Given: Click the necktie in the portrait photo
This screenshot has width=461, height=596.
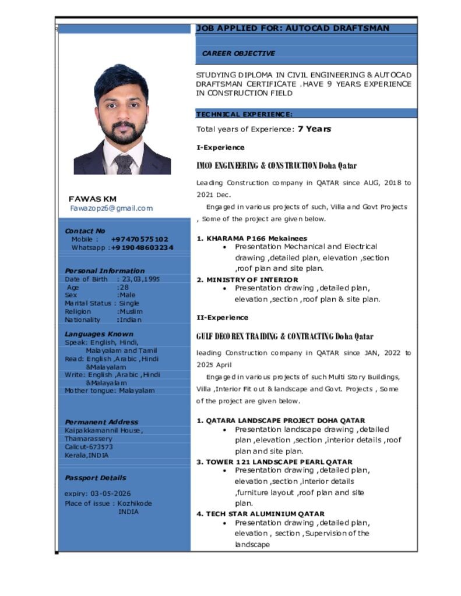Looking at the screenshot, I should [x=124, y=164].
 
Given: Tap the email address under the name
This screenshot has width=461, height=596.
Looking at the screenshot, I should [x=111, y=208].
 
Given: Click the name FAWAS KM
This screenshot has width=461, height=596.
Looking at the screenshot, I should [x=93, y=199].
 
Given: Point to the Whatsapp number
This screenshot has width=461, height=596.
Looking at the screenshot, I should [x=142, y=248].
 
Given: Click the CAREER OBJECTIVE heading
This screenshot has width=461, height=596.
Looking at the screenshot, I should [x=238, y=54].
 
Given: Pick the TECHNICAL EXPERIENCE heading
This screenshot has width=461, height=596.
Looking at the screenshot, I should [x=244, y=115].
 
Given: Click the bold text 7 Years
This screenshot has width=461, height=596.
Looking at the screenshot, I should [x=314, y=129].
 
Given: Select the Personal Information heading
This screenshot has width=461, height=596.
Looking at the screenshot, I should [x=104, y=271].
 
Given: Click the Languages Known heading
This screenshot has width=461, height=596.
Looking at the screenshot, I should [x=98, y=334].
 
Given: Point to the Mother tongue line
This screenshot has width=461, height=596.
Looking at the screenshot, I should [x=110, y=391].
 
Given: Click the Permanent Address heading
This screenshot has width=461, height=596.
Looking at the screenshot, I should [x=101, y=422].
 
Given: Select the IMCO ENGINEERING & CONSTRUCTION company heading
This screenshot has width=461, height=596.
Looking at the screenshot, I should [x=277, y=166].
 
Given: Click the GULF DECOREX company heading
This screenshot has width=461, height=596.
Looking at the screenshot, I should [x=284, y=336].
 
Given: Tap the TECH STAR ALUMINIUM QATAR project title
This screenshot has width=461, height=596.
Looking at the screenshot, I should [x=261, y=514].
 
